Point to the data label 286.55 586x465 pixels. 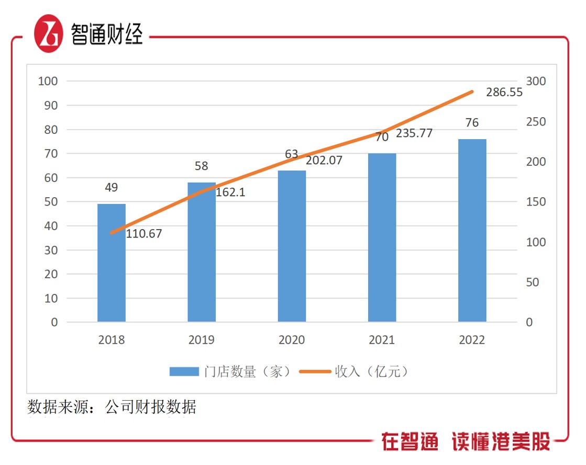click(503, 93)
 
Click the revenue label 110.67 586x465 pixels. click(144, 234)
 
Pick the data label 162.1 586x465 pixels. click(230, 192)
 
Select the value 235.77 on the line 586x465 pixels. click(414, 133)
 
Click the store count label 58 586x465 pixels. click(202, 166)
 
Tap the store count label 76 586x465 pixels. click(472, 123)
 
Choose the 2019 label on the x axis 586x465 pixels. click(202, 340)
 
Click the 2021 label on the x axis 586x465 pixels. click(382, 340)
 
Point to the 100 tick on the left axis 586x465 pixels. click(48, 82)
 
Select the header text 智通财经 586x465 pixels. click(107, 35)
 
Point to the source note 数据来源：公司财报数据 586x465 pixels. click(112, 407)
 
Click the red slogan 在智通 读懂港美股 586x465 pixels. click(466, 442)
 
